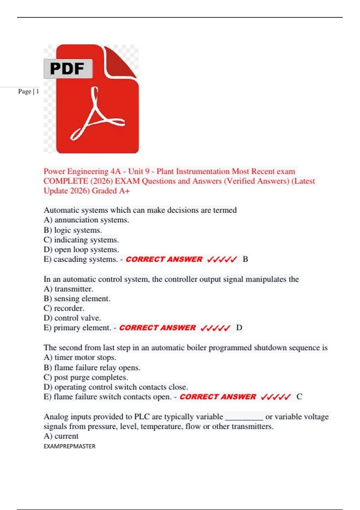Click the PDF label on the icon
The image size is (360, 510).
point(67,69)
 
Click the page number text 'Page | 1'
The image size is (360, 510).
point(28,91)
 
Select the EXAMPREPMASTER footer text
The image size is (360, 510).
point(69,446)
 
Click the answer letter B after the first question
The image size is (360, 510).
point(245,259)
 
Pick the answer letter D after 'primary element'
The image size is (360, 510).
point(239,328)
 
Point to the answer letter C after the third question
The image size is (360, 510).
point(299,397)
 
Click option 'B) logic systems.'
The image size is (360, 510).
point(73,230)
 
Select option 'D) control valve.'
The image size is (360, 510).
point(72,318)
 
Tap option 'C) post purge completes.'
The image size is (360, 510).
point(86,377)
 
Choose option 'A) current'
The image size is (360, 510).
point(61,436)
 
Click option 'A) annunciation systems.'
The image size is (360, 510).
point(86,220)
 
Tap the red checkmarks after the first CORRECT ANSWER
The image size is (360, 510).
point(222,259)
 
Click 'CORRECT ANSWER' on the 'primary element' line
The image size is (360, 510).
point(157,328)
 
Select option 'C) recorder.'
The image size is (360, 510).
point(64,308)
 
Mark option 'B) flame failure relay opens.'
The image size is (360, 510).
point(92,367)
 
